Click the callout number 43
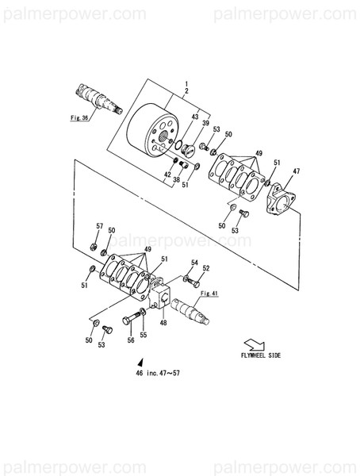click(x=194, y=117)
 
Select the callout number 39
click(x=205, y=125)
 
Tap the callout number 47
click(x=297, y=171)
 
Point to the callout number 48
click(x=163, y=322)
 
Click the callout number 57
click(x=100, y=227)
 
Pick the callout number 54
click(x=193, y=262)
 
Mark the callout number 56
click(x=130, y=340)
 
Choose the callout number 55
click(x=144, y=335)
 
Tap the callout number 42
click(x=168, y=174)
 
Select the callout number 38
click(x=176, y=180)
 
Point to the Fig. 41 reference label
click(x=209, y=294)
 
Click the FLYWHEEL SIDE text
click(x=260, y=356)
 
